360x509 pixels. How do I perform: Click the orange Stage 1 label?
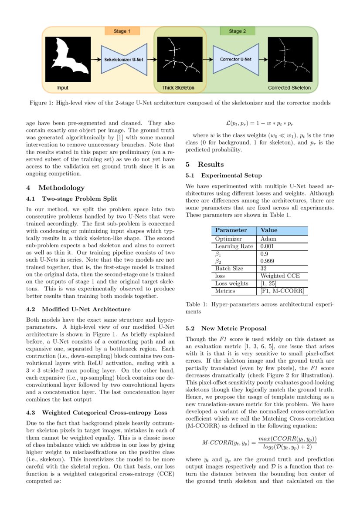tap(122, 31)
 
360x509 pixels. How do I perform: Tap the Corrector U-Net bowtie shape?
tap(235, 59)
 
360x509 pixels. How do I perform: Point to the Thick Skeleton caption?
tap(178, 88)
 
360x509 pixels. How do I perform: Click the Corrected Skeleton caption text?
tap(289, 88)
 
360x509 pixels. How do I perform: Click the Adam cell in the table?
tap(268, 239)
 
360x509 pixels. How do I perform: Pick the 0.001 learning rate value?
tap(267, 246)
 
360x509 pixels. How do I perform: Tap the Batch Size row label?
tap(229, 268)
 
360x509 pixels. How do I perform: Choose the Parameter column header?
tap(231, 230)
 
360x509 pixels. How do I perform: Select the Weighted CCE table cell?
tap(277, 276)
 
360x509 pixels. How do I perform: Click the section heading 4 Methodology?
tap(55, 188)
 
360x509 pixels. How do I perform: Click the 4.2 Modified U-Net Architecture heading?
tap(78, 309)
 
